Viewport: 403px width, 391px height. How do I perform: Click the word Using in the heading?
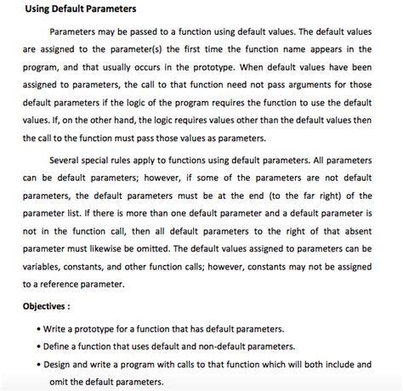point(40,10)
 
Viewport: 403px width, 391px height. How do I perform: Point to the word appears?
point(330,49)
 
